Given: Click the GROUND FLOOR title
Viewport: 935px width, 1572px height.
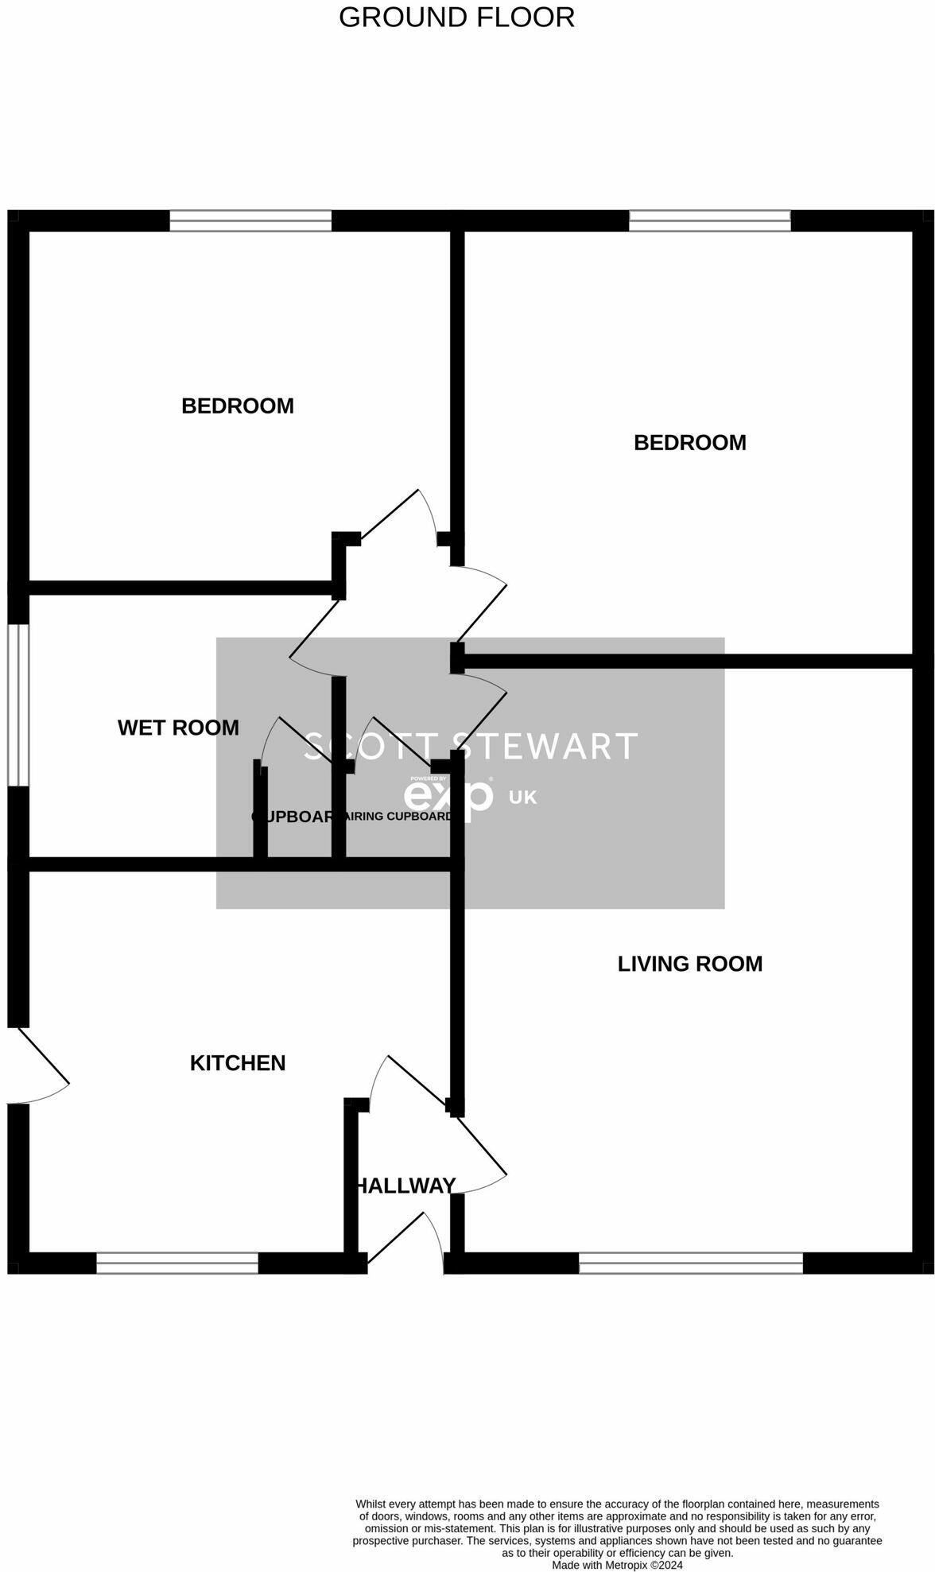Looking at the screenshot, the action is point(456,17).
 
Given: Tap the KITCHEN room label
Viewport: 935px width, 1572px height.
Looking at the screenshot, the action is point(237,1063).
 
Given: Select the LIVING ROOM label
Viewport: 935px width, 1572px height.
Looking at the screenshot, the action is point(689,964).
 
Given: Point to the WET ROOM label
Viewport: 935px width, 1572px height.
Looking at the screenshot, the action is point(178,728).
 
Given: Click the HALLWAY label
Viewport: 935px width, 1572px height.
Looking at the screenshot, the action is point(405,1186).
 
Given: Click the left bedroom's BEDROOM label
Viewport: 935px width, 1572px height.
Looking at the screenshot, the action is point(237,406).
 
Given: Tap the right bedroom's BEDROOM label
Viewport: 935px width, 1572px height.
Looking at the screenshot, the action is point(689,442).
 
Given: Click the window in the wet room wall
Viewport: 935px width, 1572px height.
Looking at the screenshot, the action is point(18,705).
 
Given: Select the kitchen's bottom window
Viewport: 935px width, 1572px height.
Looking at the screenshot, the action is point(177,1263).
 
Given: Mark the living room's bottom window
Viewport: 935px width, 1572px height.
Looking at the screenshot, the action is point(690,1263).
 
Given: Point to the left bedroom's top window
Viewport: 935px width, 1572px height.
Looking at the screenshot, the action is point(250,220).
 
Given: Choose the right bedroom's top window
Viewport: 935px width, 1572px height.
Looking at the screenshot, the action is point(709,220).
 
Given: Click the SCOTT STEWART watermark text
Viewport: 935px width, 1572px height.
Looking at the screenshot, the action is point(470,746).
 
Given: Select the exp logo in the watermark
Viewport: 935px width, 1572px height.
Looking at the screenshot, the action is point(448,798).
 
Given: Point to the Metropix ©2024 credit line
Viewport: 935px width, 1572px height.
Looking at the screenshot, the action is point(617,1565).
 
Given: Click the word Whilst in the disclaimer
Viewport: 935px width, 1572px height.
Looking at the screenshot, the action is point(372,1504).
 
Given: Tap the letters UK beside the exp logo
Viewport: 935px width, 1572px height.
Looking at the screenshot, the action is point(522,797).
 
